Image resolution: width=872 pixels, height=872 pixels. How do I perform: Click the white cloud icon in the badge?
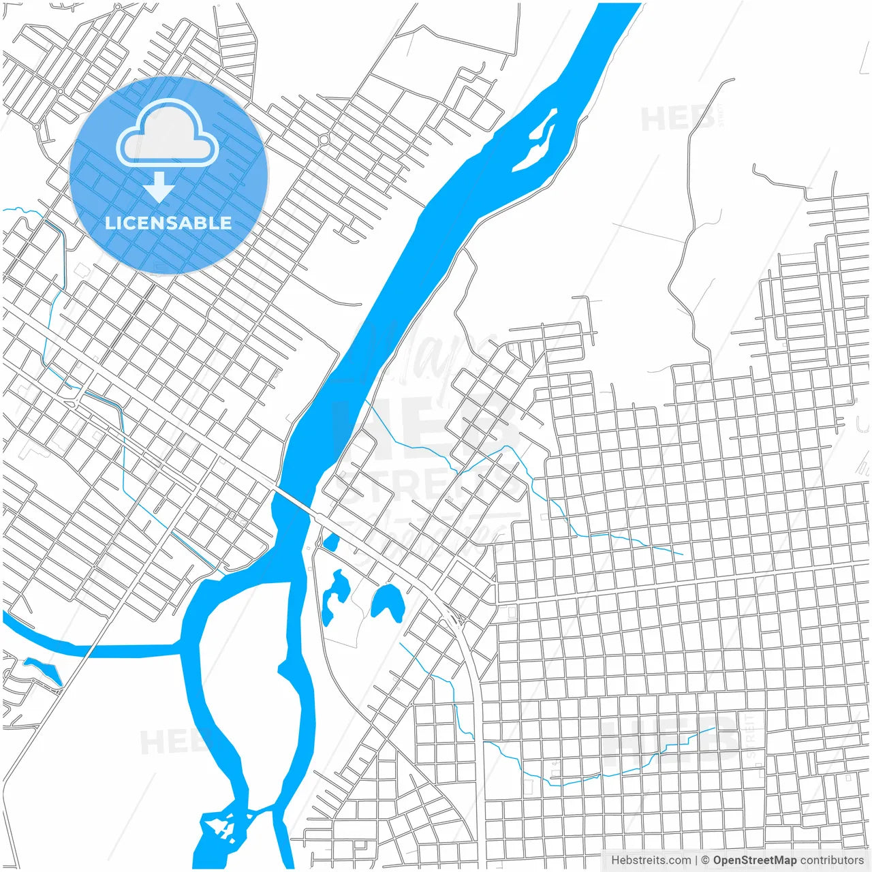(168, 135)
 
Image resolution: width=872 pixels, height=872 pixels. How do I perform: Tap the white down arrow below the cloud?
(159, 187)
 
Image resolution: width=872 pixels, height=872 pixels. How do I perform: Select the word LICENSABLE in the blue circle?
(168, 223)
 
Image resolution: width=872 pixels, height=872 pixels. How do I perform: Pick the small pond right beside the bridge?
(331, 543)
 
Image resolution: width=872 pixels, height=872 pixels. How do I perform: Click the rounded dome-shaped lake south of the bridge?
(388, 602)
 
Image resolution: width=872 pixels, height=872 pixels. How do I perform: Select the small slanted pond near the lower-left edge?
(44, 670)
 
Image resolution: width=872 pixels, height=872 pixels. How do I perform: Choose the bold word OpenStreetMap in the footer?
(754, 860)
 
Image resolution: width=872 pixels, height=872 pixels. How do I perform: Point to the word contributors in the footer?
(832, 860)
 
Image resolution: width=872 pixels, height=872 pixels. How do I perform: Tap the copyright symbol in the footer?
(705, 860)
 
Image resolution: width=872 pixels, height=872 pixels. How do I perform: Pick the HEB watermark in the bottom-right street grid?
(671, 739)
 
